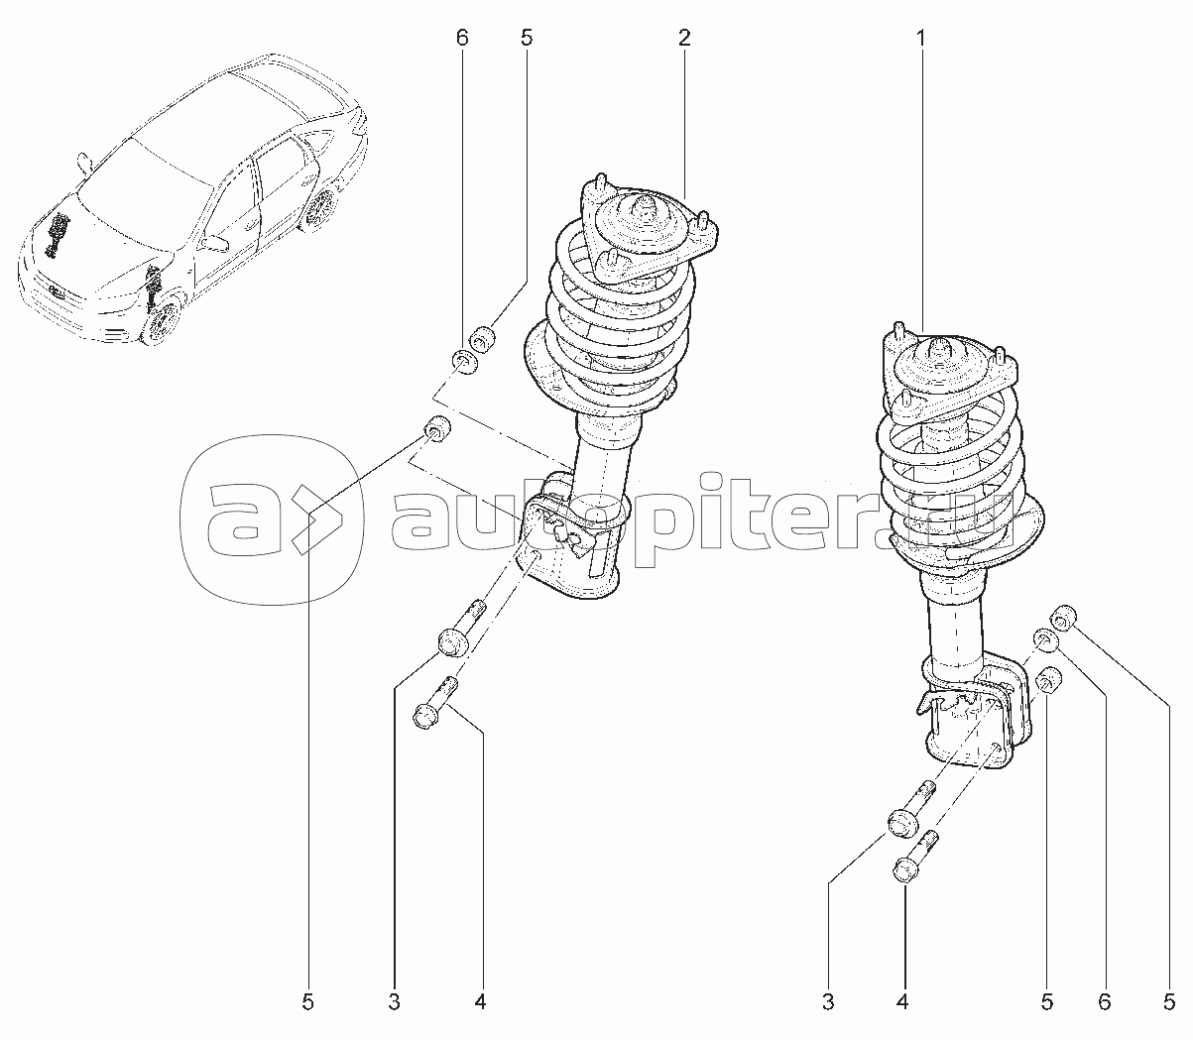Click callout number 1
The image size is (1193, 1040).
[x=920, y=39]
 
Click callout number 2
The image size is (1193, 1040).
[x=684, y=39]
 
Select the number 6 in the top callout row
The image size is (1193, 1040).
[x=461, y=39]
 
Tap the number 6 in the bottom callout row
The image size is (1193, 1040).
[x=1104, y=1002]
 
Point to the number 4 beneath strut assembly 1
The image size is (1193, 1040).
[x=902, y=1002]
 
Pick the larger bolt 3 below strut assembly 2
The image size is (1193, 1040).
[x=461, y=628]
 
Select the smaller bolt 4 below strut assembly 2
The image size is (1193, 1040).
[x=435, y=702]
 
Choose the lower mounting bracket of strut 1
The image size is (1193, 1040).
[x=975, y=718]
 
